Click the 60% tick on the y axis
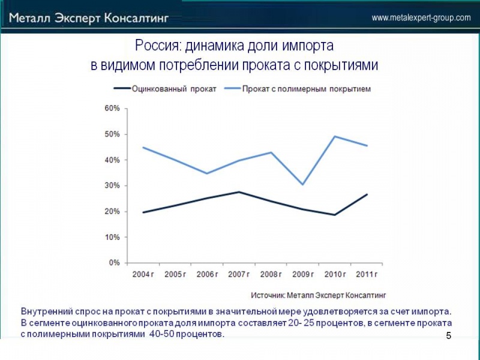coord(113,109)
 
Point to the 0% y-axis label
coord(115,263)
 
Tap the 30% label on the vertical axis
coord(113,185)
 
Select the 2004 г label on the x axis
coord(143,274)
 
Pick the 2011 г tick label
coord(367,274)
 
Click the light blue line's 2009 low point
coord(303,184)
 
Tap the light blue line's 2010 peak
coord(335,136)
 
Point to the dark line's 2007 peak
coord(239,192)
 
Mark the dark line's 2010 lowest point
coord(335,215)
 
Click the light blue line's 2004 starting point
coord(143,147)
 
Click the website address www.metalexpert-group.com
coord(421,18)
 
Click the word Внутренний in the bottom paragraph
coord(47,312)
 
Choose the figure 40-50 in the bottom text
coord(161,334)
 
